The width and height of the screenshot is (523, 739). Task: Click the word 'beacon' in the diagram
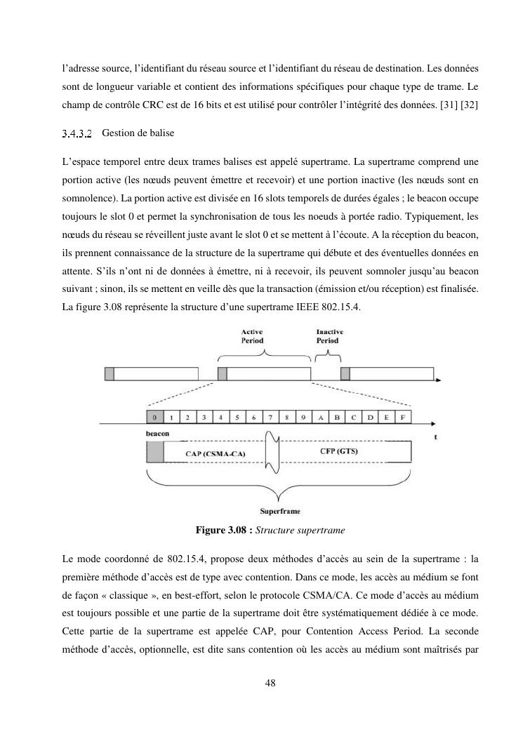[157, 434]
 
